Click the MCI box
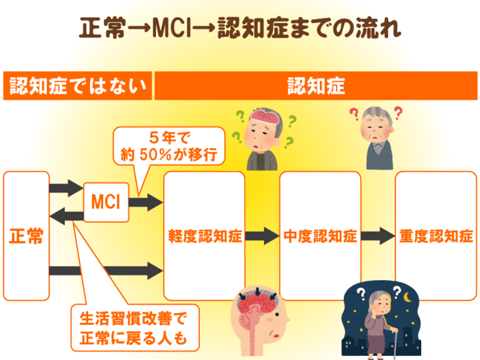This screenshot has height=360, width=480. point(105,201)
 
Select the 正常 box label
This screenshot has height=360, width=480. point(26,236)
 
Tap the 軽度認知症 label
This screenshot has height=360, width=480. point(204,236)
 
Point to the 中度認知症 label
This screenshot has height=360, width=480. point(320,236)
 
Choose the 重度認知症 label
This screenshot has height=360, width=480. point(436,236)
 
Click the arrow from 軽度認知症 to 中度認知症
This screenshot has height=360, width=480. point(262,235)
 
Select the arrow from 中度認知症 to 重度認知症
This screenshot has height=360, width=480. point(378,235)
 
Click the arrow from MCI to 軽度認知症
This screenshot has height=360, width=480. point(145,201)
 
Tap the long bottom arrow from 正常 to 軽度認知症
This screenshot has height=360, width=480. point(106,270)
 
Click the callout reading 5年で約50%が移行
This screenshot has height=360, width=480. point(169,147)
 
